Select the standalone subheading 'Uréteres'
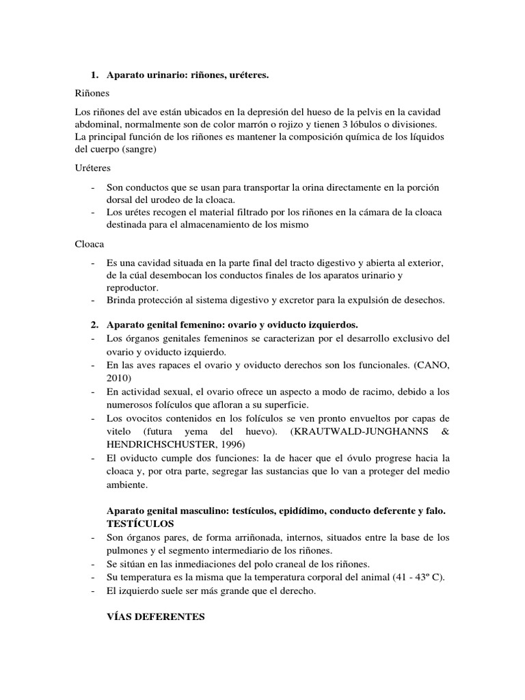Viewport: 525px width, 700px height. point(92,167)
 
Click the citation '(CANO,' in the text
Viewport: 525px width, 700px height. point(430,366)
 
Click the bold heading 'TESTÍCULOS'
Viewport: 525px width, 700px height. point(141,523)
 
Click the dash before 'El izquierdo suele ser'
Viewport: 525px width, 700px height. point(93,591)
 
